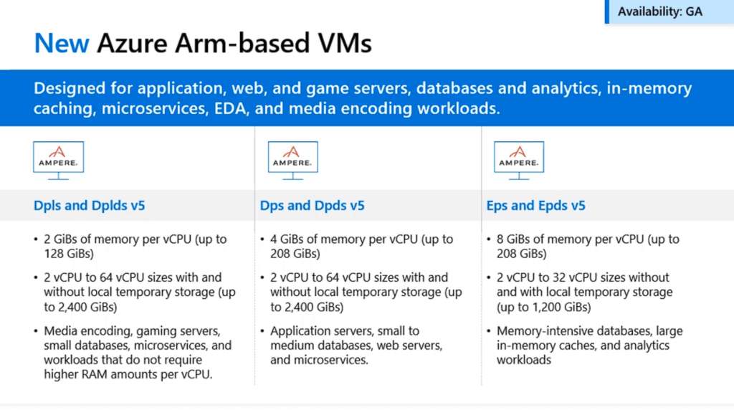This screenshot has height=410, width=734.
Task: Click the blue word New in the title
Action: pyautogui.click(x=62, y=43)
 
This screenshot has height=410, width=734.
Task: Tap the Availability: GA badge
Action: pyautogui.click(x=669, y=11)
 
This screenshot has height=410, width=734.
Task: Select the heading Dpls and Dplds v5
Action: pyautogui.click(x=90, y=206)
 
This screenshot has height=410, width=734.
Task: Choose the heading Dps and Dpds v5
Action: pyautogui.click(x=313, y=206)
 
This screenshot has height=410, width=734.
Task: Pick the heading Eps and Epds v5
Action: pyautogui.click(x=536, y=206)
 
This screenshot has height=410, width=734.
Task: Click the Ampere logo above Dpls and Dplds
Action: pyautogui.click(x=59, y=160)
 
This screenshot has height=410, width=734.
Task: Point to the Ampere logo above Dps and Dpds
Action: pyautogui.click(x=293, y=160)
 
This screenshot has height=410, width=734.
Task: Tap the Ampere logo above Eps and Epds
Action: pyautogui.click(x=519, y=160)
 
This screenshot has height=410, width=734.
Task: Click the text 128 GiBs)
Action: pyautogui.click(x=69, y=254)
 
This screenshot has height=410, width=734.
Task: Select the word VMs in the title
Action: pyautogui.click(x=345, y=43)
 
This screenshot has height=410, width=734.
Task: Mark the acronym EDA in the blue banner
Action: pyautogui.click(x=230, y=108)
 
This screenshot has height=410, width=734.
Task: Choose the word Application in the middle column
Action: pyautogui.click(x=298, y=331)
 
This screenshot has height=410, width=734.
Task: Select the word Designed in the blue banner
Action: pyautogui.click(x=70, y=88)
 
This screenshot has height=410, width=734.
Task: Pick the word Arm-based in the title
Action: pyautogui.click(x=242, y=43)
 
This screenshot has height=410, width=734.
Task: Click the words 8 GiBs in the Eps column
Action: pyautogui.click(x=513, y=239)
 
